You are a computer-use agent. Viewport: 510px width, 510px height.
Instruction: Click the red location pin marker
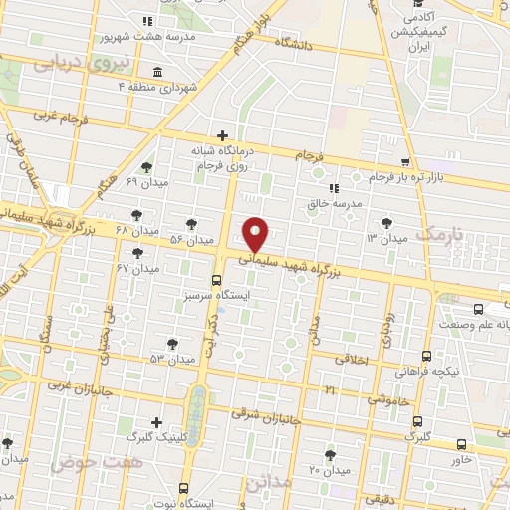(257, 233)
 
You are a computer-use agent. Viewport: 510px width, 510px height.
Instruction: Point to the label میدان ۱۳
(387, 239)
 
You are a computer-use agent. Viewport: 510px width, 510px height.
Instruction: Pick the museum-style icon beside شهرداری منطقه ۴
(158, 71)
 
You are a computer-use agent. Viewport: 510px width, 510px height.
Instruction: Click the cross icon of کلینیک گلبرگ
(156, 421)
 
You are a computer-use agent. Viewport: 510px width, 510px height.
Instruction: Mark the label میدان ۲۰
(331, 469)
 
